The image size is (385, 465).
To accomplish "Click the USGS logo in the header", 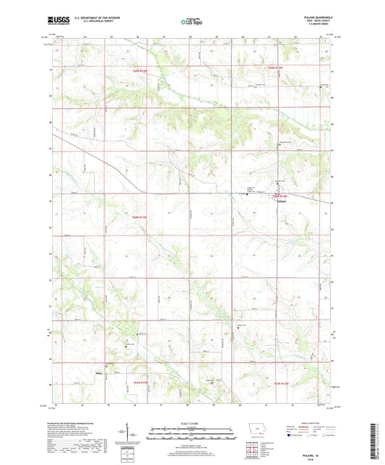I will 59,22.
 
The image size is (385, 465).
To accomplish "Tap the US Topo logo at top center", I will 191,22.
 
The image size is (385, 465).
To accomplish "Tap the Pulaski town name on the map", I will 283,200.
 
